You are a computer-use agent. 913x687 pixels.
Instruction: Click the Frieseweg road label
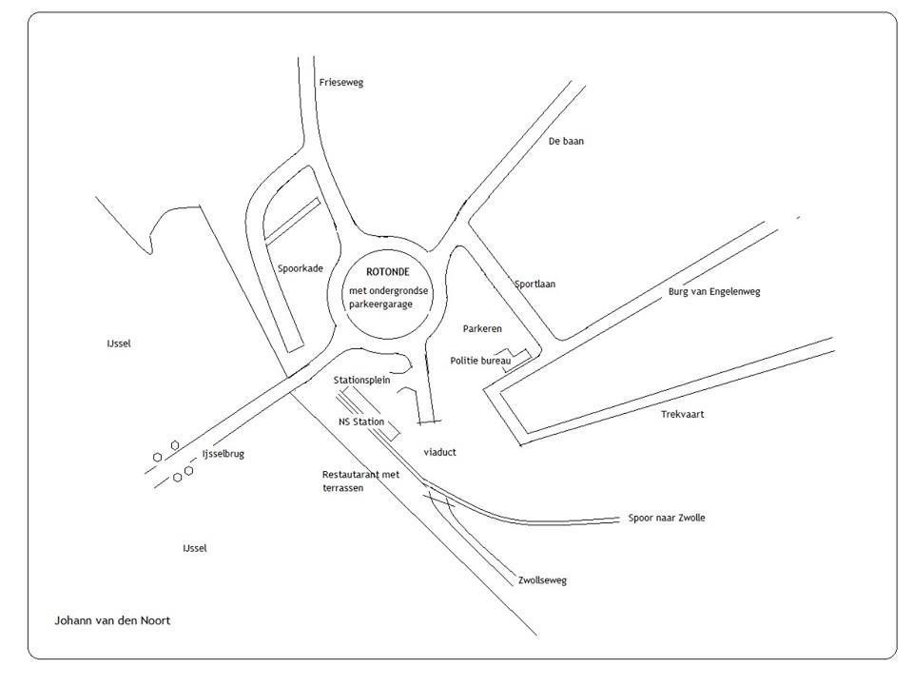coord(340,83)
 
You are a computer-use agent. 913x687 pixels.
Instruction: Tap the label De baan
coord(566,141)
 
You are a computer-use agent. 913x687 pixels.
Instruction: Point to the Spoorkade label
coord(300,268)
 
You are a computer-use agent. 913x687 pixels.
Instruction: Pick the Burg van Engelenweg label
coord(714,291)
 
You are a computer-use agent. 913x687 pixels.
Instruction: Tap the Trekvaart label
coord(682,414)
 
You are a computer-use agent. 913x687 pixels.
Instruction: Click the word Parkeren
coord(482,328)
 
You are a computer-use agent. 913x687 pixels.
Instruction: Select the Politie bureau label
coord(480,361)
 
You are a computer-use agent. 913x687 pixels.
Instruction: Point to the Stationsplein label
coord(361,380)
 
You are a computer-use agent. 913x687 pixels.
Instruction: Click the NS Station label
coord(361,421)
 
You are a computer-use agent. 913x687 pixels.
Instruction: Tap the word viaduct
coord(439,452)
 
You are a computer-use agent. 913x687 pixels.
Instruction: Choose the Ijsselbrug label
coord(223,454)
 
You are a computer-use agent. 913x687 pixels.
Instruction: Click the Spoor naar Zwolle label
coord(667,518)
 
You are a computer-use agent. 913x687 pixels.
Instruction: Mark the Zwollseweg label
coord(543,579)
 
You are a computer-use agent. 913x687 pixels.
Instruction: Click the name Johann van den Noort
coord(112,620)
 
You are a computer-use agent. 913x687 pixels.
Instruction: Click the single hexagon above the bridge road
coord(175,445)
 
